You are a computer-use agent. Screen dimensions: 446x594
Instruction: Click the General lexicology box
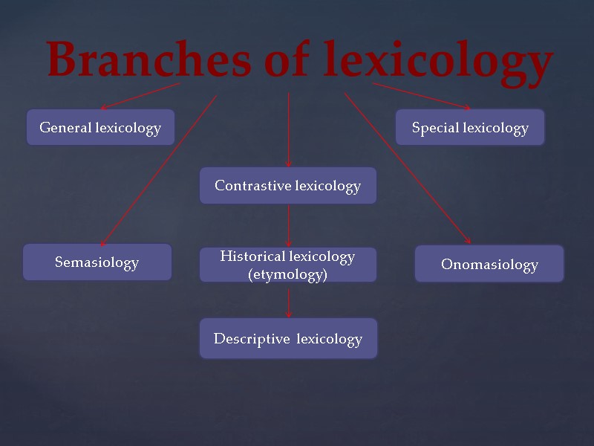[100, 128]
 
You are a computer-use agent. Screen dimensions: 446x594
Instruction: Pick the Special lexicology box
[469, 128]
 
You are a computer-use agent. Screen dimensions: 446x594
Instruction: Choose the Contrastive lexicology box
[287, 186]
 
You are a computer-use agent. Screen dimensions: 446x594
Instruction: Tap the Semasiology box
[97, 262]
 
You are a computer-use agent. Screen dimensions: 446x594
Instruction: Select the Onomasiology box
[489, 264]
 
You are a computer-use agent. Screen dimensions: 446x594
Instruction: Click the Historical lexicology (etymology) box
[287, 265]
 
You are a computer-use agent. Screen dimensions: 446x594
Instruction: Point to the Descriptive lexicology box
[288, 339]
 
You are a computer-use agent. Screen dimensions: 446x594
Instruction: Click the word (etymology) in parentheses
[287, 274]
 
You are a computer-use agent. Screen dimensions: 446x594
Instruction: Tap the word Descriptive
[252, 339]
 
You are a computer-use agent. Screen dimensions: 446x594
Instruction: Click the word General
[65, 128]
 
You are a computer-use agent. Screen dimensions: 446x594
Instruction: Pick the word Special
[437, 128]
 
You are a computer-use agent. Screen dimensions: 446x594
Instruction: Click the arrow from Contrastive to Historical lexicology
[288, 225]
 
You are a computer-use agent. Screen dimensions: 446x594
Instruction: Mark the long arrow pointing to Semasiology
[158, 170]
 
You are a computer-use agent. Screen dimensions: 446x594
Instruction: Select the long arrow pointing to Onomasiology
[407, 167]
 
